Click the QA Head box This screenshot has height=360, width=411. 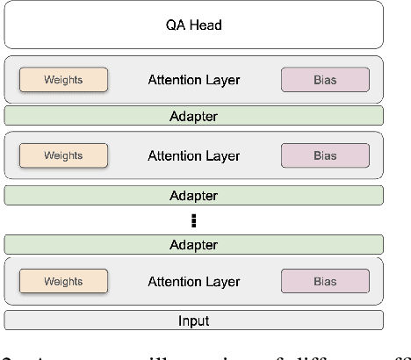(x=194, y=25)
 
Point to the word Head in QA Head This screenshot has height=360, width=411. (x=205, y=25)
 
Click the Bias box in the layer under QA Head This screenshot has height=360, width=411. (x=325, y=80)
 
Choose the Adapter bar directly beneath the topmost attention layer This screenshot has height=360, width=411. (x=194, y=115)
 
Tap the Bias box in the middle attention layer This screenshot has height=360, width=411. (x=325, y=156)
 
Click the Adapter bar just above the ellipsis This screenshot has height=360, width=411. (x=194, y=195)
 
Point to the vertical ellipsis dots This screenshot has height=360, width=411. (x=194, y=220)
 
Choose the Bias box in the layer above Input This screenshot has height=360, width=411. (x=325, y=281)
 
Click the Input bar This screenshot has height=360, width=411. (x=194, y=320)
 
